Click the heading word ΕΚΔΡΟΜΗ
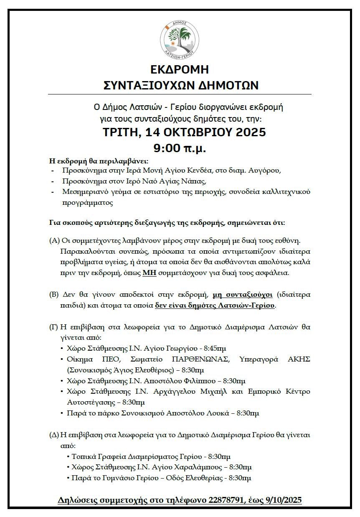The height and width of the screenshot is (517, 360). (180, 70)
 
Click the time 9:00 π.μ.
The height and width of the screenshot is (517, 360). (180, 148)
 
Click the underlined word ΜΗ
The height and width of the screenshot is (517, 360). (148, 273)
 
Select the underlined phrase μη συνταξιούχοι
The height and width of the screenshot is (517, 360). (243, 295)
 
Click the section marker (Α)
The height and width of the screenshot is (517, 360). (54, 241)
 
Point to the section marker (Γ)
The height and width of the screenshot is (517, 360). (54, 327)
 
